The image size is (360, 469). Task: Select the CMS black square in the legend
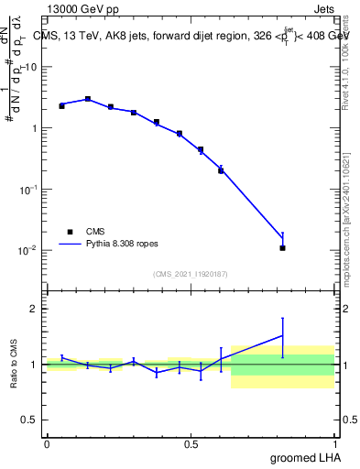tap(70, 232)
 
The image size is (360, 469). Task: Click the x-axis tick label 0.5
tap(191, 444)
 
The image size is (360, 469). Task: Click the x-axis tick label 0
tap(47, 444)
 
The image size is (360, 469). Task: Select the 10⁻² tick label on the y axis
tap(29, 250)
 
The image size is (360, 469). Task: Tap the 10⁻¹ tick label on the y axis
tap(29, 190)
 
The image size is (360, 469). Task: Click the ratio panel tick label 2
tap(35, 309)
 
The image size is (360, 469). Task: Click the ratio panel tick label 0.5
tap(30, 420)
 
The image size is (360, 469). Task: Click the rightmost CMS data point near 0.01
tap(282, 247)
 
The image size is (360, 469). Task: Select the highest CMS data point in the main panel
tap(88, 99)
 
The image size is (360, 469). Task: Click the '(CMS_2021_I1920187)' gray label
tap(191, 274)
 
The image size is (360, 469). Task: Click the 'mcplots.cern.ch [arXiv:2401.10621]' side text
tap(345, 210)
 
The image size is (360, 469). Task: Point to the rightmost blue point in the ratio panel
tap(282, 336)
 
